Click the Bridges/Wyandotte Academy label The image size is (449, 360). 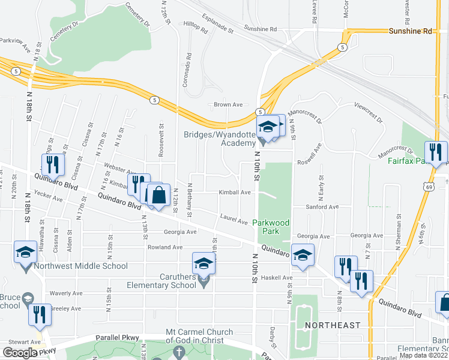[x=220, y=139]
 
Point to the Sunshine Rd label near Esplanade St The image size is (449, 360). [x=261, y=28]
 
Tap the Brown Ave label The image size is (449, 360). [x=228, y=104]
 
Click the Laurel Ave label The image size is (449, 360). [x=234, y=221]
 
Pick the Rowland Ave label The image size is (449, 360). [x=165, y=247]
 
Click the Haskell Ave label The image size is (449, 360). [x=279, y=278]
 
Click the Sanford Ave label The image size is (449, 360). [x=322, y=207]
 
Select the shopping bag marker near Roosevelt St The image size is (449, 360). [x=158, y=196]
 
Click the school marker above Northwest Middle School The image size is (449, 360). [x=25, y=252]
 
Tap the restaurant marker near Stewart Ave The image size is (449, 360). [x=40, y=314]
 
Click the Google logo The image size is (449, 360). [x=20, y=353]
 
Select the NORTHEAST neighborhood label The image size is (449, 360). [x=332, y=325]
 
